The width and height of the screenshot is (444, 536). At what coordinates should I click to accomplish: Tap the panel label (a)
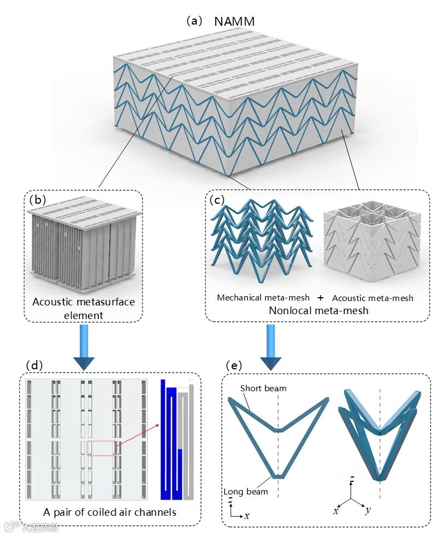pyautogui.click(x=194, y=21)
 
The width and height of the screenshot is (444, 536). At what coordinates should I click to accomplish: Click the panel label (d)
pyautogui.click(x=34, y=364)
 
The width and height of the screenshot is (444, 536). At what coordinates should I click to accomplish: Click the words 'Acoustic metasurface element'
pyautogui.click(x=83, y=308)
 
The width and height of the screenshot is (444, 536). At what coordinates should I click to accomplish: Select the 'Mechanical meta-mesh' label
pyautogui.click(x=263, y=298)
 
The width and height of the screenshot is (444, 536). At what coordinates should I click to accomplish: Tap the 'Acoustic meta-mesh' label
pyautogui.click(x=372, y=298)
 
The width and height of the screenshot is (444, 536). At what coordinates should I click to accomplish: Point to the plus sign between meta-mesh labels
pyautogui.click(x=321, y=298)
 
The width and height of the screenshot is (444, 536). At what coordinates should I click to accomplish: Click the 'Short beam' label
pyautogui.click(x=264, y=388)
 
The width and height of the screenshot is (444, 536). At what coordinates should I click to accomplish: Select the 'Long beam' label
pyautogui.click(x=246, y=492)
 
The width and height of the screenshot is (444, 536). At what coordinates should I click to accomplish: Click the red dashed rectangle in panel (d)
pyautogui.click(x=102, y=448)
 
